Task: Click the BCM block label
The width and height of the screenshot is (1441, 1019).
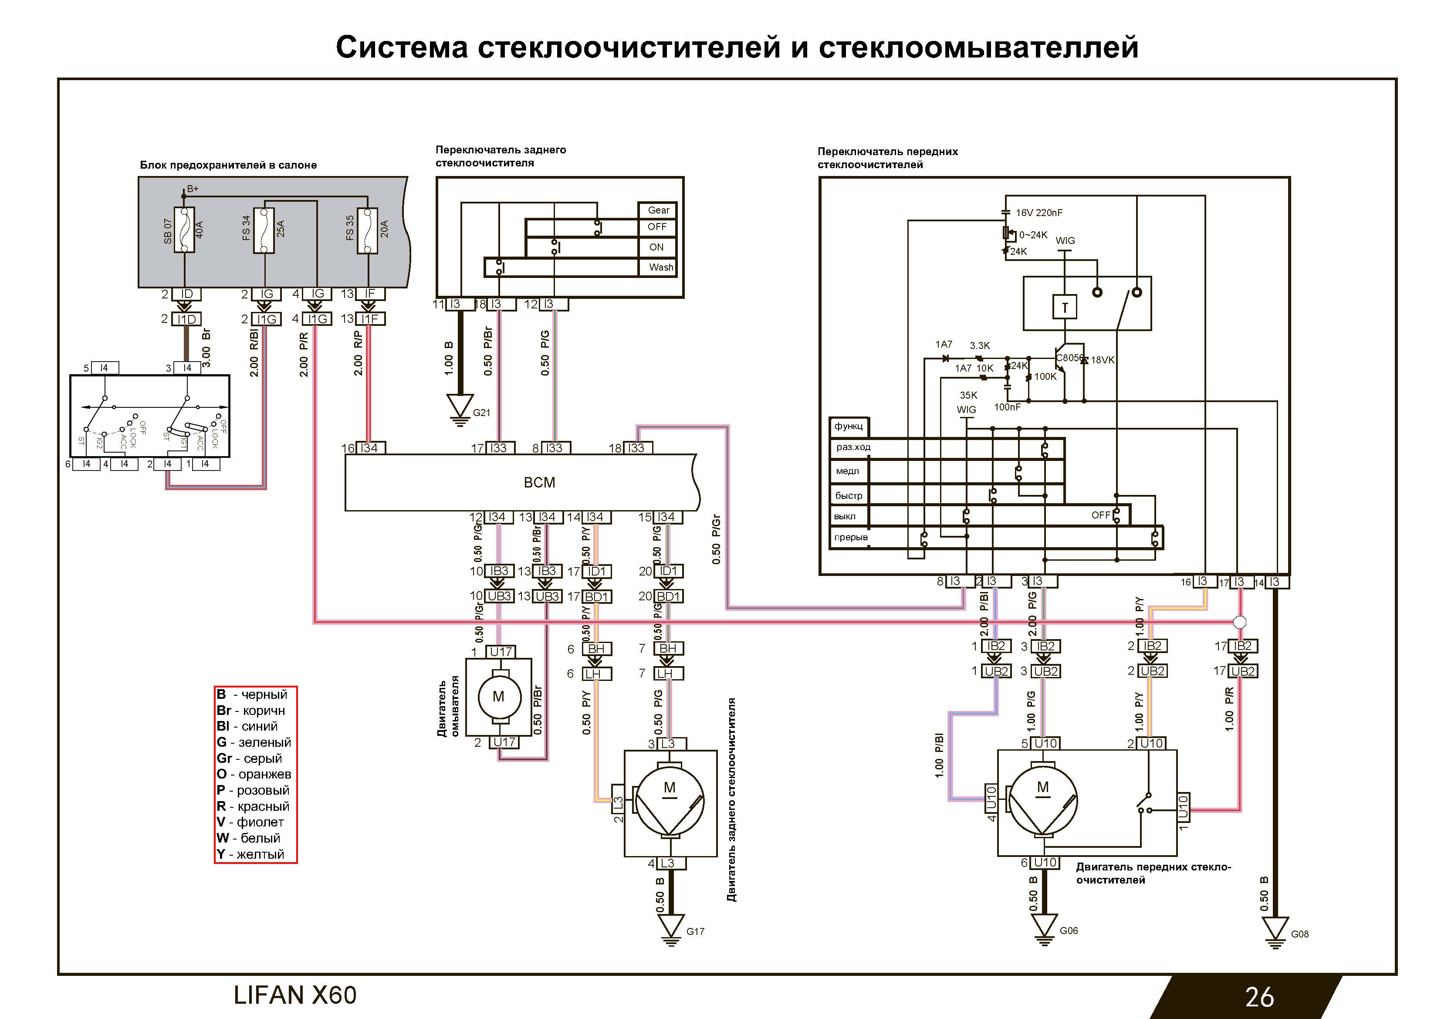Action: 539,482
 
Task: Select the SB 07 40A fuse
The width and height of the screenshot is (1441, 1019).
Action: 185,230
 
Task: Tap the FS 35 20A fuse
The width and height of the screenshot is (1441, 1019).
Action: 367,230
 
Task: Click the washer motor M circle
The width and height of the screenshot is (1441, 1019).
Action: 498,696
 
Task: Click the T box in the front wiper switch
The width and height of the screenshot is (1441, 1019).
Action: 1065,308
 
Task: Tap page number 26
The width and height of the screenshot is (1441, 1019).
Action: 1259,997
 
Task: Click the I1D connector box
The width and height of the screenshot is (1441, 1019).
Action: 186,319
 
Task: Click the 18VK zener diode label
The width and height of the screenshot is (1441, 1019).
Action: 1103,360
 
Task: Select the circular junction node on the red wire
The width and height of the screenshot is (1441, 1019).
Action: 1240,622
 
